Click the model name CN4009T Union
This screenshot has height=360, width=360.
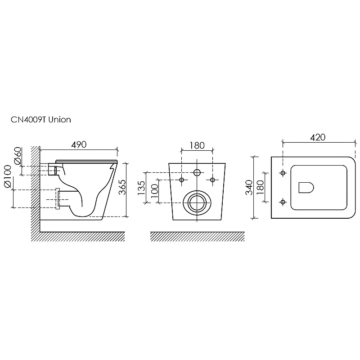point(41,120)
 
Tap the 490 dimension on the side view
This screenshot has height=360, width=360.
point(79,144)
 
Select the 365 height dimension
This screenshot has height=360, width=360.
point(122,187)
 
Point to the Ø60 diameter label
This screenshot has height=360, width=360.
point(18,156)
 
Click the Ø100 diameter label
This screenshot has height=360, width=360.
point(8,176)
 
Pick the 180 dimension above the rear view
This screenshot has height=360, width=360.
point(197,145)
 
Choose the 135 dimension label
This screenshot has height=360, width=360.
point(141,188)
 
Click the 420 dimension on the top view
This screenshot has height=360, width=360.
point(318,137)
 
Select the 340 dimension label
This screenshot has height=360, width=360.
point(249,187)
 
